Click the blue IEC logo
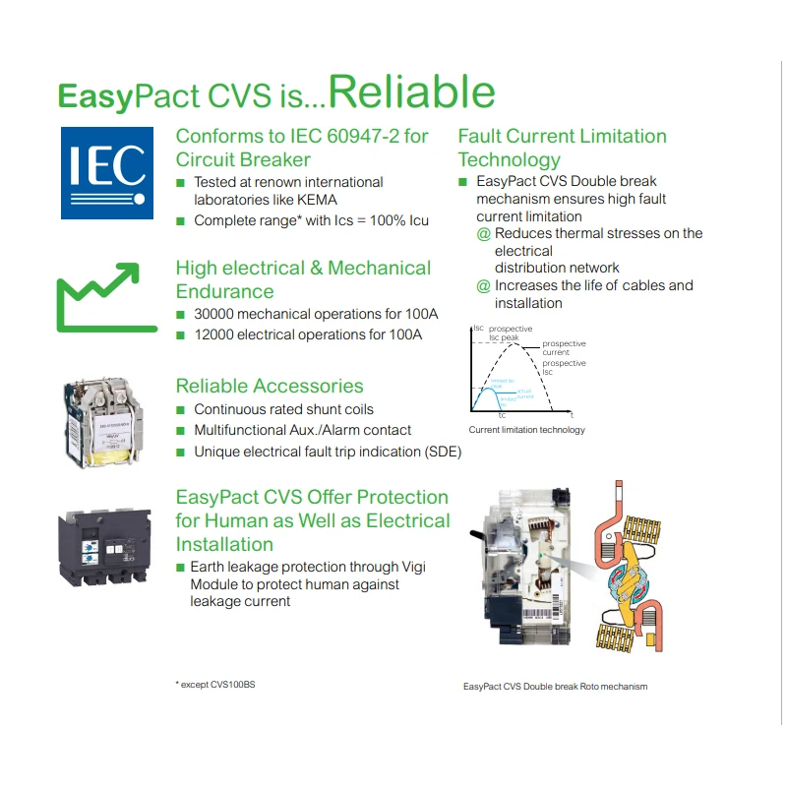[x=107, y=173]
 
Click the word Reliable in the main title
[x=411, y=92]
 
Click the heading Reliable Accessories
[x=270, y=386]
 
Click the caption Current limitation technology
[x=526, y=430]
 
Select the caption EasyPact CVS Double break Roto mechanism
[x=555, y=687]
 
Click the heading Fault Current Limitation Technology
[x=562, y=148]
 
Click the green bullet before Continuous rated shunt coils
[x=181, y=409]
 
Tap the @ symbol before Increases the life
[x=483, y=286]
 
